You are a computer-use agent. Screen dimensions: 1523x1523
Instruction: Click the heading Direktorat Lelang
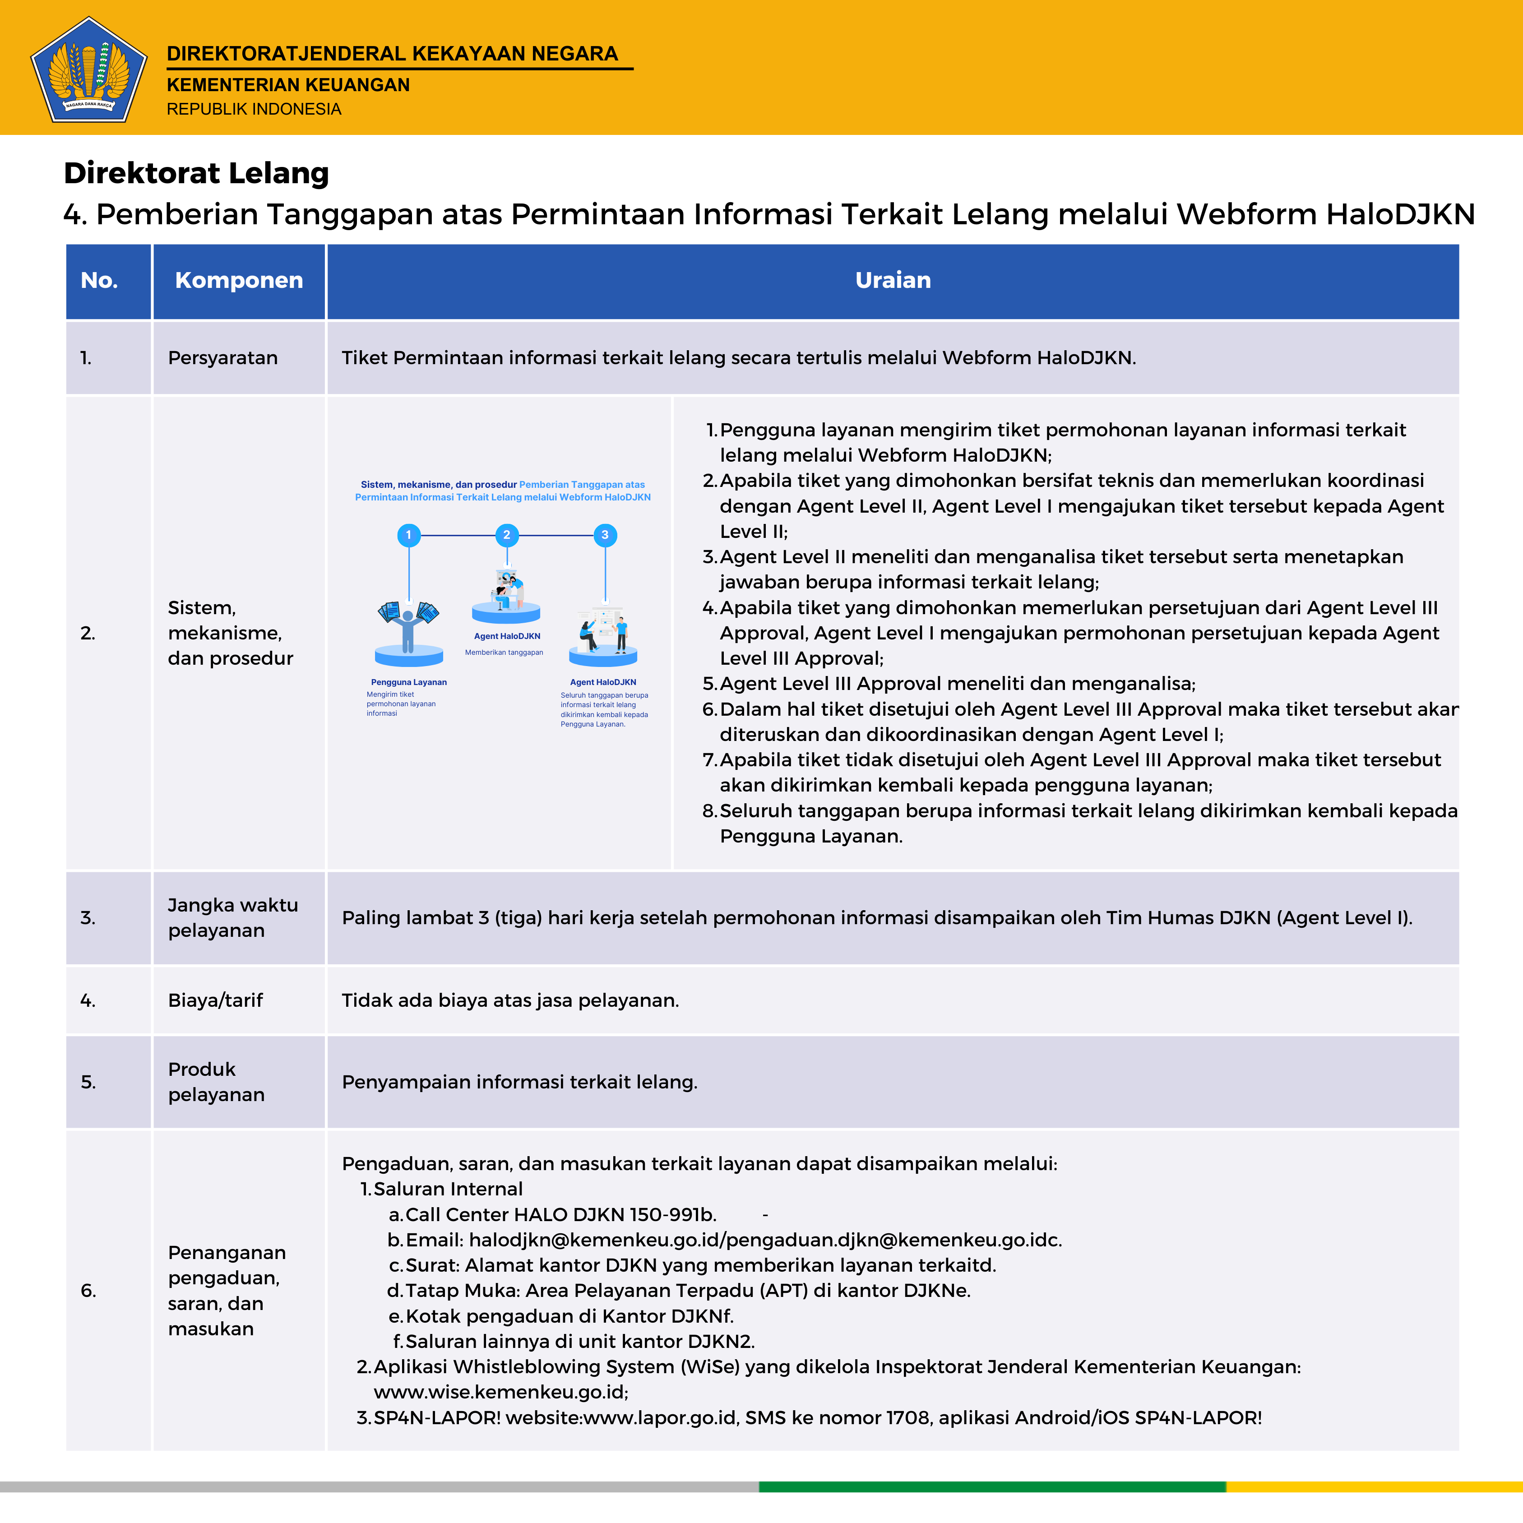[196, 173]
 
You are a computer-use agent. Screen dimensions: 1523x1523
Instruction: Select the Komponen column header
[239, 281]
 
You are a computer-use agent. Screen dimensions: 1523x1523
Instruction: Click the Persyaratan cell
[222, 358]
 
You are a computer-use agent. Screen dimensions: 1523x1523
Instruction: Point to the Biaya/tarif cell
[215, 1000]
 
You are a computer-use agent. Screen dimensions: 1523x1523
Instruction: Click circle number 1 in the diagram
[408, 535]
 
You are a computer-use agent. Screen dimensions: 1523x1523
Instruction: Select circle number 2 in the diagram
[507, 535]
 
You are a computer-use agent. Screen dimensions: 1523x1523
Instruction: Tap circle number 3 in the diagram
[605, 535]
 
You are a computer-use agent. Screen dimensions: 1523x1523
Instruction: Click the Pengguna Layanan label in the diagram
[408, 682]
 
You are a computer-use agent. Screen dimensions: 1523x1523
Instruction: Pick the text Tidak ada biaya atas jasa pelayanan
[510, 1000]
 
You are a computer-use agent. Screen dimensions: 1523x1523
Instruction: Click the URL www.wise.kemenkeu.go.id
[500, 1392]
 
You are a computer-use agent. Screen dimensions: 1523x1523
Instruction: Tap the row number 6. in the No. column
[88, 1291]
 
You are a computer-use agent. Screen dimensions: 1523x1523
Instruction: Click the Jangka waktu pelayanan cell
[232, 917]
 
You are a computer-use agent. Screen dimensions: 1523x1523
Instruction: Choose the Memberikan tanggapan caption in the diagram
[504, 653]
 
